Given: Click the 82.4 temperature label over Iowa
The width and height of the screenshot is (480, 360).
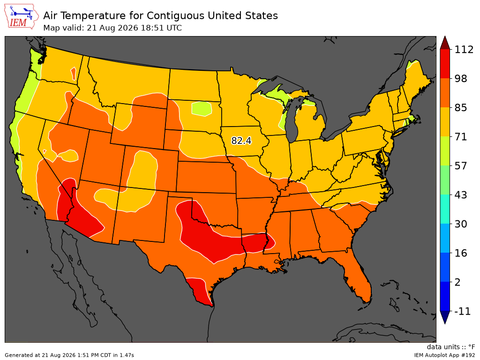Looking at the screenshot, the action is click(241, 141).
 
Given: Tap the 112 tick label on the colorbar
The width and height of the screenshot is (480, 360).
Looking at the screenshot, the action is click(464, 50).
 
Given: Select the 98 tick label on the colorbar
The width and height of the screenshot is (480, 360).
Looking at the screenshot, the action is click(461, 79).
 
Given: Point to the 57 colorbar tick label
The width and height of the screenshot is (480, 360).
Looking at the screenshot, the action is click(461, 166).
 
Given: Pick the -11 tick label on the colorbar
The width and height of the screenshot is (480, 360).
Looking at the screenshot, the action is click(462, 311).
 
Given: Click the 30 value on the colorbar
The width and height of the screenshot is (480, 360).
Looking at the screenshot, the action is click(461, 224).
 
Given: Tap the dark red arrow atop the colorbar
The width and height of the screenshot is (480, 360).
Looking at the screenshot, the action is click(445, 43).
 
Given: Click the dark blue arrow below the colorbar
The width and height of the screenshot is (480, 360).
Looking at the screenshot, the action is click(445, 317).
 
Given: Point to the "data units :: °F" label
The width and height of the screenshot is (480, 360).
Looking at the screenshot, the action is click(451, 347).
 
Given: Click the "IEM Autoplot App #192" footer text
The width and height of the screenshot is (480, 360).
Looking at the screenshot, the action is click(444, 355).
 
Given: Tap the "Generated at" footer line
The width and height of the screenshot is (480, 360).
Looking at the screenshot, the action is click(69, 355).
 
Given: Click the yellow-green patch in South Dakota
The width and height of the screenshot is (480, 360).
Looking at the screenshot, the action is click(202, 109).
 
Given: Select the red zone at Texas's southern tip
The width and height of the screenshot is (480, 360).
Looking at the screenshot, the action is click(199, 291).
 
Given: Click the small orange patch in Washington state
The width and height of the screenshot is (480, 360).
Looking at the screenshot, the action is click(73, 74).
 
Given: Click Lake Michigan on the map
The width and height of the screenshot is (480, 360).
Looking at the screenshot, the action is click(293, 120).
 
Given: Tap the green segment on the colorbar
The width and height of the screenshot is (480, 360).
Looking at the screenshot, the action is click(445, 180).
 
